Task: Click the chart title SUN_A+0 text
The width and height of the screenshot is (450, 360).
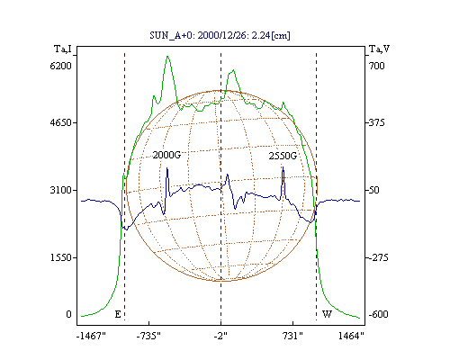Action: [220, 35]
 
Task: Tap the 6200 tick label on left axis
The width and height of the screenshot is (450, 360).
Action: [60, 66]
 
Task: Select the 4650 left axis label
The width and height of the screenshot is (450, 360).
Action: [60, 122]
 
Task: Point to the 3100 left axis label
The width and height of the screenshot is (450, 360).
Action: [60, 190]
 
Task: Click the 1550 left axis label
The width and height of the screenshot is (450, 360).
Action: [60, 257]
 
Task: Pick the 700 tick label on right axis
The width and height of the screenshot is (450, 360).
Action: [376, 66]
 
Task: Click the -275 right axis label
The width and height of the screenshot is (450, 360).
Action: [378, 257]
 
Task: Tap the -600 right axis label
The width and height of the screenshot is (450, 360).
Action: [378, 314]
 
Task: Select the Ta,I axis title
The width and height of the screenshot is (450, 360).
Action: [63, 49]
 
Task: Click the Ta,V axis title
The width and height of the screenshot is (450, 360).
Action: [379, 49]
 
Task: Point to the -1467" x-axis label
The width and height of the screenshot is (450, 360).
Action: [91, 336]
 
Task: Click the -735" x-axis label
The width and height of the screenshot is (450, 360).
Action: [148, 336]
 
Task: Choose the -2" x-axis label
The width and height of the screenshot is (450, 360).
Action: [220, 336]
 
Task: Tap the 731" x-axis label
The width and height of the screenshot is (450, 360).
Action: [292, 336]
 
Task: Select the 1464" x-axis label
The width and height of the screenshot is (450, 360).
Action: [351, 336]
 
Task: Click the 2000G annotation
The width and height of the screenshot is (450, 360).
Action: [166, 155]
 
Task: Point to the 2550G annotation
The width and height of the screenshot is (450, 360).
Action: [283, 156]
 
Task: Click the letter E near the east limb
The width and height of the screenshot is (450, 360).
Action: [118, 314]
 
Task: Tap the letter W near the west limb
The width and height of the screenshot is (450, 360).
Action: [327, 314]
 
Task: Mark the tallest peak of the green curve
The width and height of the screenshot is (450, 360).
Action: [167, 56]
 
